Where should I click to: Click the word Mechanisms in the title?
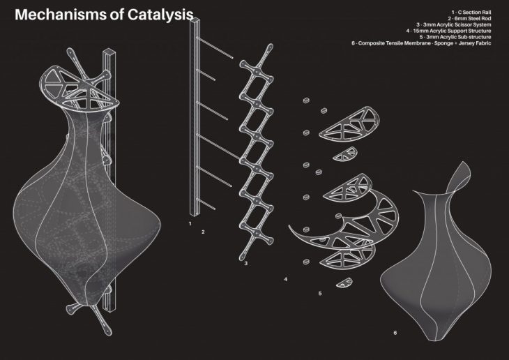coord(61,15)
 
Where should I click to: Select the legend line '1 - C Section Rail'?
coord(471,13)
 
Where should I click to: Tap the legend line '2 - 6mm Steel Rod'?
coord(469,19)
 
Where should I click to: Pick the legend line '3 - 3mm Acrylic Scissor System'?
coord(454,24)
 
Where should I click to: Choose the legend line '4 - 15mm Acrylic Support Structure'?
coord(448,31)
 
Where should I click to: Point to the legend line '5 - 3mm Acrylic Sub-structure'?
coord(455,37)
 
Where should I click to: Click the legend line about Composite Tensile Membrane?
coord(421,43)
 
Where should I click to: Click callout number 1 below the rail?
coord(190,223)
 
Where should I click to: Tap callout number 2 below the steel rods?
coord(203,232)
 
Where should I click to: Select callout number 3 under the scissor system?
coord(245,263)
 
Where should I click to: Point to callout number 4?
coord(286,279)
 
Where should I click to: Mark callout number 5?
coord(320,294)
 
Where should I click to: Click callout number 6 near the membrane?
coord(395,333)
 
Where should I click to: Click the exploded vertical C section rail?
coord(195,117)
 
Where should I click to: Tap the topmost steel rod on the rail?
coord(215,47)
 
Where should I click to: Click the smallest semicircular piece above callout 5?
coord(344,283)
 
